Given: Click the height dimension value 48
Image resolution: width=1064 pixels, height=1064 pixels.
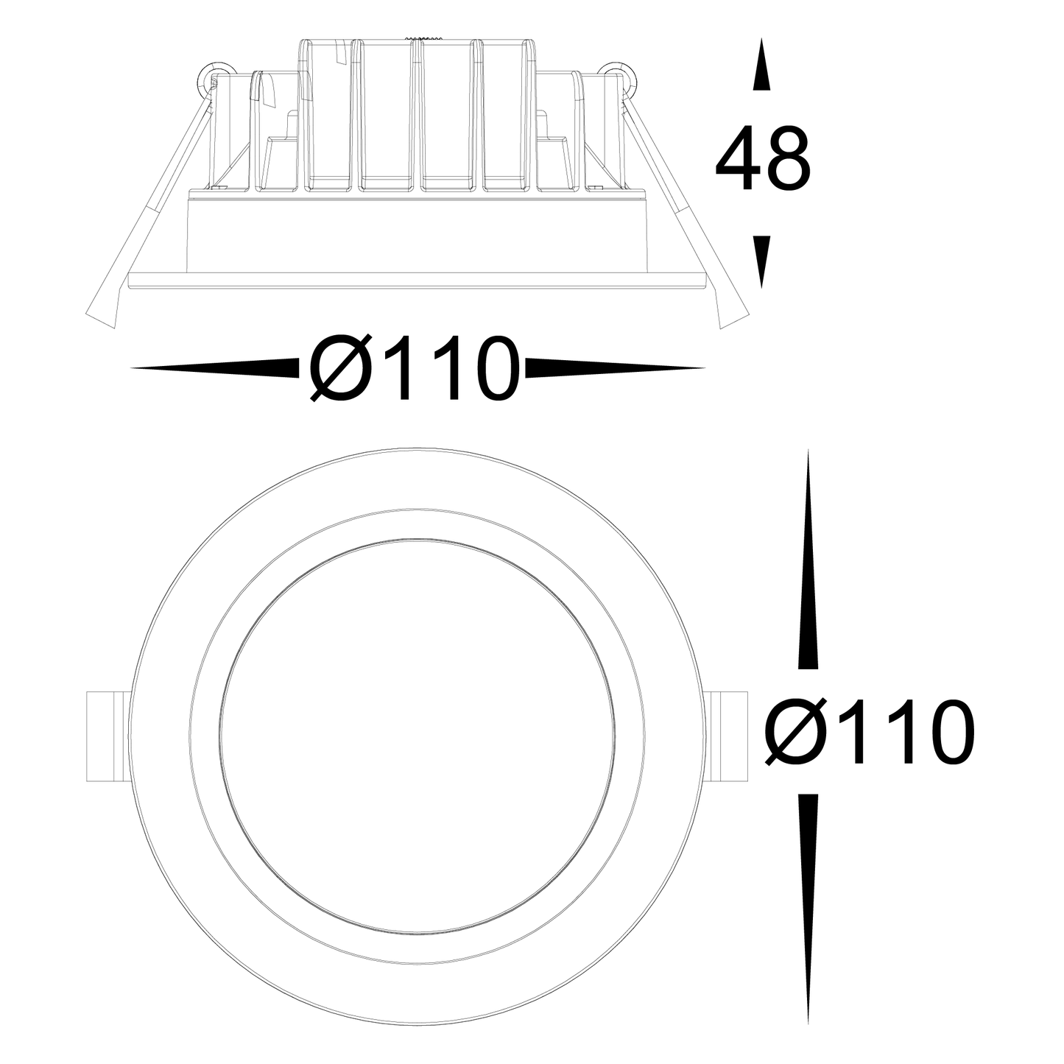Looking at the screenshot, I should click(x=762, y=160).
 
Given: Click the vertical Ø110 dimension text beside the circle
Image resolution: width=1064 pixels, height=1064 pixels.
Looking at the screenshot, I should click(x=870, y=732).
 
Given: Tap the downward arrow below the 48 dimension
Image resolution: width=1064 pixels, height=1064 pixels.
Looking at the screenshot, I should click(x=762, y=259).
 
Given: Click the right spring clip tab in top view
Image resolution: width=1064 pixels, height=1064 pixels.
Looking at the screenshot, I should click(x=730, y=736).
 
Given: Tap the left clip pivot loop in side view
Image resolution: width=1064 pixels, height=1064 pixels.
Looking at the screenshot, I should click(x=212, y=74).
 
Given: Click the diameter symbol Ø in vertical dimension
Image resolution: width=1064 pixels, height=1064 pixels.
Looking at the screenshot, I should click(x=795, y=732).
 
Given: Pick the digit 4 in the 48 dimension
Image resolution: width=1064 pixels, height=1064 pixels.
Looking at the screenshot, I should click(x=738, y=160).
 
